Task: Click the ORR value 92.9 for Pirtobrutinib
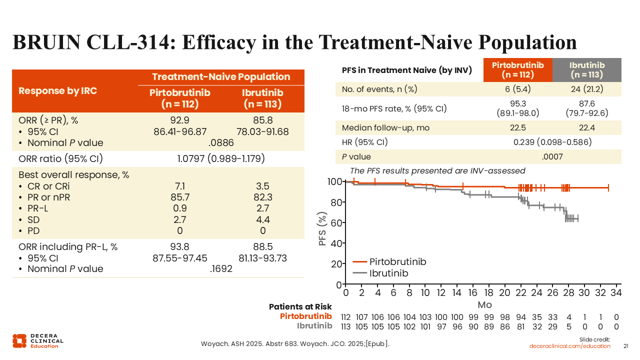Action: [179, 120]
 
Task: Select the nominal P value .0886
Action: [220, 142]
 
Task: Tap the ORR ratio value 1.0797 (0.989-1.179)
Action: [220, 159]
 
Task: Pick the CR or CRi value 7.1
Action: [179, 186]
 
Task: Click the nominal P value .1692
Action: [220, 269]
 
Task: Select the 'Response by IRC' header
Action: [57, 91]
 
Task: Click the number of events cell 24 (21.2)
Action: [587, 89]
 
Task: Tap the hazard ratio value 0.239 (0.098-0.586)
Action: [552, 142]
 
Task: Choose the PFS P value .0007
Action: [552, 156]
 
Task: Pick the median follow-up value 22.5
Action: [518, 127]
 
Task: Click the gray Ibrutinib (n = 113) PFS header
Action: [587, 70]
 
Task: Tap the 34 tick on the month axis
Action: [616, 292]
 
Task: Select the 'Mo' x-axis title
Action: [484, 304]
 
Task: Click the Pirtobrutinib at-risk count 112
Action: [345, 317]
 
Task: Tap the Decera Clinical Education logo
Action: [38, 340]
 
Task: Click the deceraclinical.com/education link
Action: [570, 346]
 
